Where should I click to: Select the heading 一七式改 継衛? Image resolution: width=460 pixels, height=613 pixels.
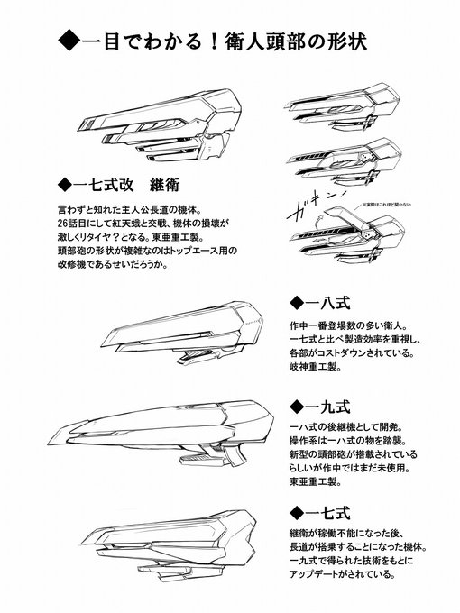click(118, 186)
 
